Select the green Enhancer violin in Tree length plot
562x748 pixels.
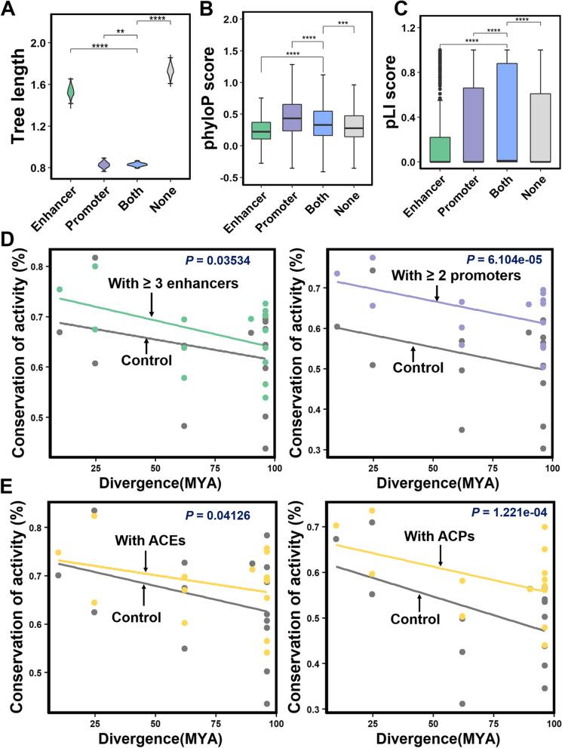[x=70, y=92]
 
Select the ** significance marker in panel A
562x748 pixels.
[x=119, y=32]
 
